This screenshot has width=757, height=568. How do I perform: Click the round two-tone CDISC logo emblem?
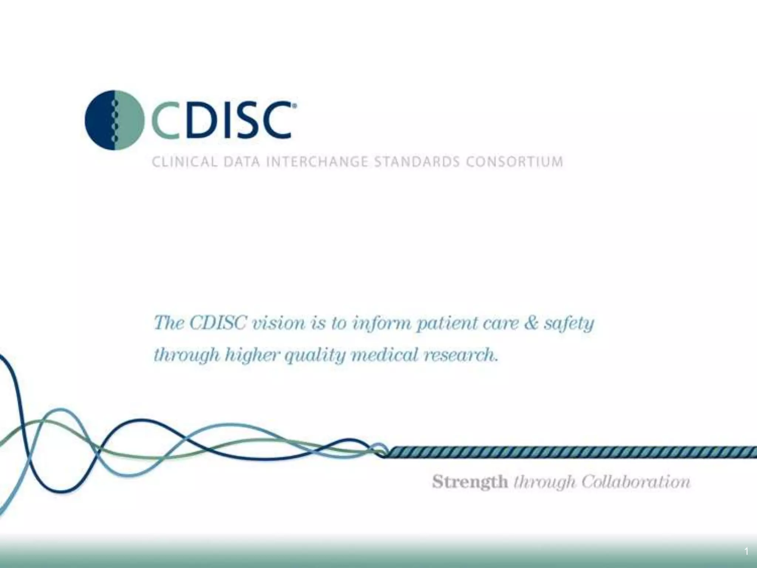click(115, 120)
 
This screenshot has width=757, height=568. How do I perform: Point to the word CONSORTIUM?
click(514, 162)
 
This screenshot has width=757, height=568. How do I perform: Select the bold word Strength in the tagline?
click(470, 482)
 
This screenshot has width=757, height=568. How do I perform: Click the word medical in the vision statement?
click(384, 355)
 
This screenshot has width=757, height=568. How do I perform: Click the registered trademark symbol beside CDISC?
click(294, 106)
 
